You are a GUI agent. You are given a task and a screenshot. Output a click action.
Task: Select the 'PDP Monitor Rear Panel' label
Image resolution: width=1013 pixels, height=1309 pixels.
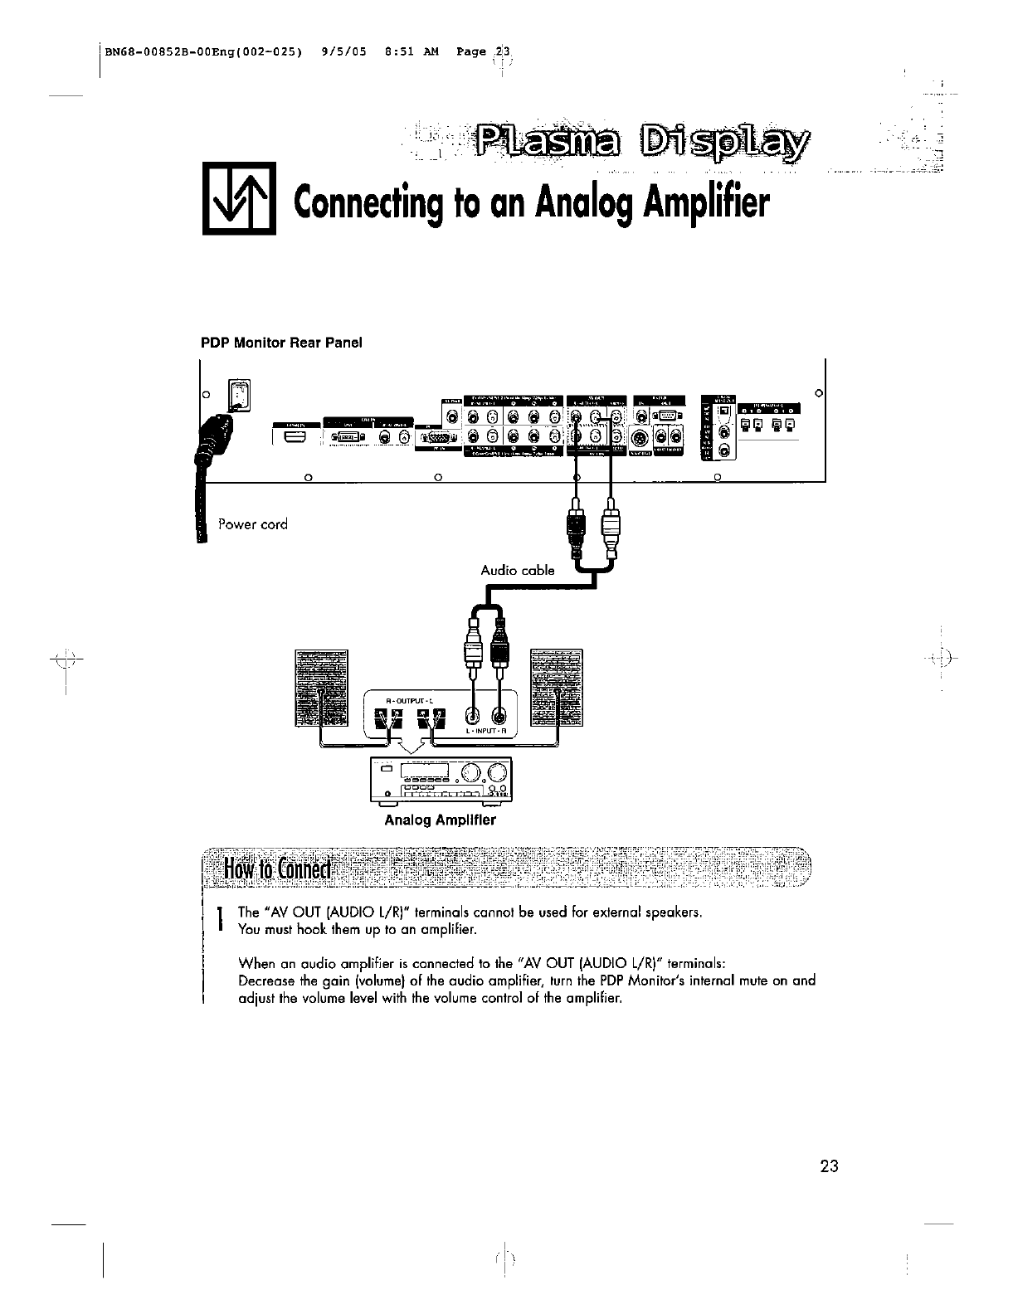pyautogui.click(x=282, y=343)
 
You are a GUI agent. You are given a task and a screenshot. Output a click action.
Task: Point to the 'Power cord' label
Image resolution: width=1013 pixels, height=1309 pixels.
pyautogui.click(x=252, y=524)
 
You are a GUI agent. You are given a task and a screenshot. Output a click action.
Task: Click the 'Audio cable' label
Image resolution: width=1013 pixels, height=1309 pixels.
pyautogui.click(x=518, y=570)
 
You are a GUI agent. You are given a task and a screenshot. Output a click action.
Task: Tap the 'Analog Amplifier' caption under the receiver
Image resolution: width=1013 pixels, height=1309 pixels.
pyautogui.click(x=440, y=820)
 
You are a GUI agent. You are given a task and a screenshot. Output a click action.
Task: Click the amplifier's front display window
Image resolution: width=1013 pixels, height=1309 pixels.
pyautogui.click(x=425, y=771)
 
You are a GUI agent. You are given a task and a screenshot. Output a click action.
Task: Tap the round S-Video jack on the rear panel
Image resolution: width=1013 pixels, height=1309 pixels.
pyautogui.click(x=639, y=437)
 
